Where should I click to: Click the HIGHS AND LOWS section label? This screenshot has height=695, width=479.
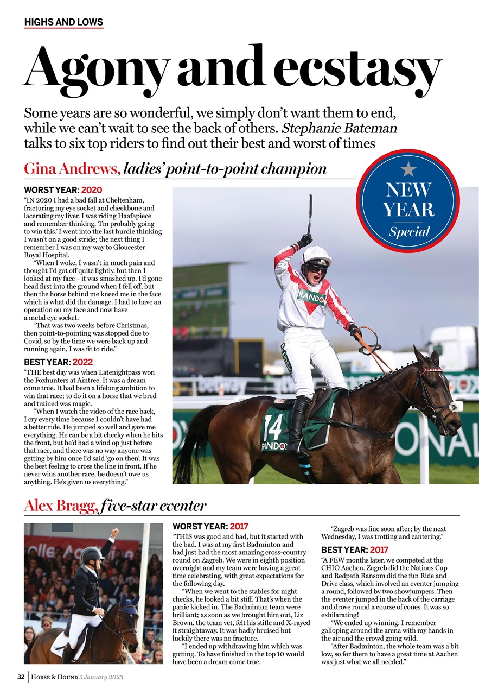coord(63,22)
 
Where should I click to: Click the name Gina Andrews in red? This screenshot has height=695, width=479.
coord(72,169)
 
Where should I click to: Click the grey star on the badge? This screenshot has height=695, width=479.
coord(408,169)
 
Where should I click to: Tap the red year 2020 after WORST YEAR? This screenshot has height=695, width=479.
coord(92,191)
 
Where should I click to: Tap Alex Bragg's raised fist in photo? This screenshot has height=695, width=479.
coord(114,532)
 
